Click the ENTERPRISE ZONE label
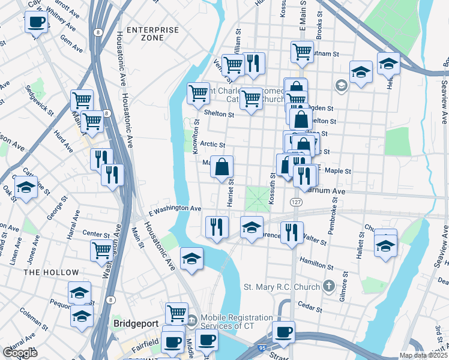152,34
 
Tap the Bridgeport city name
136,323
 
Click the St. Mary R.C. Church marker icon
328,286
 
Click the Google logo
20,353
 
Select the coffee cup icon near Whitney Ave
36,23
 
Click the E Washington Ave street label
175,208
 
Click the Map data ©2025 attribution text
422,355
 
